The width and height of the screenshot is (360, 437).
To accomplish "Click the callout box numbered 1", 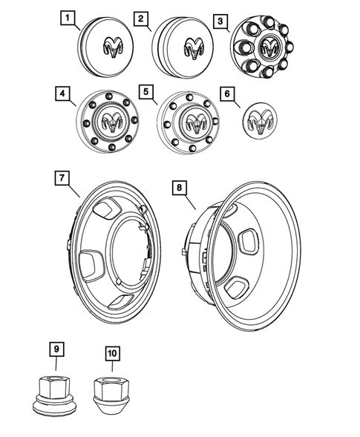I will (68, 17).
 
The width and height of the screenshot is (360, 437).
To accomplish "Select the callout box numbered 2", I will (140, 17).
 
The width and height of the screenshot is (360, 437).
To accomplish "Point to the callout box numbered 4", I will (62, 94).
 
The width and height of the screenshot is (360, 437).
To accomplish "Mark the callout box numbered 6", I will (228, 94).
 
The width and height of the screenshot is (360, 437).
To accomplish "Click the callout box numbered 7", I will (62, 178).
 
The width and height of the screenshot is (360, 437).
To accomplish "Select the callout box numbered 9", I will (55, 347).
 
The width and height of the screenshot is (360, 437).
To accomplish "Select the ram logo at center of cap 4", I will (110, 122).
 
